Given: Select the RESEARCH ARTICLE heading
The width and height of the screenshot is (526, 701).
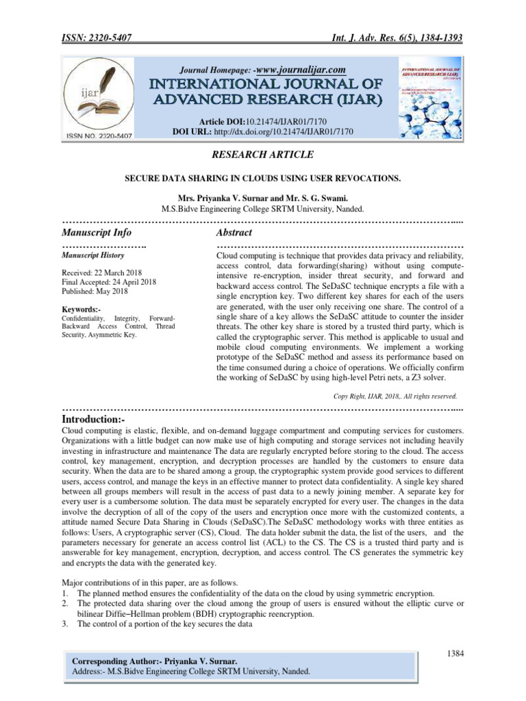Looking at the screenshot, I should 263,155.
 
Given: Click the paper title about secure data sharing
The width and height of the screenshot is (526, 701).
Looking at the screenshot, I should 262,178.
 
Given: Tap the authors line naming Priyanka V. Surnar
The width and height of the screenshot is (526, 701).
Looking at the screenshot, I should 262,198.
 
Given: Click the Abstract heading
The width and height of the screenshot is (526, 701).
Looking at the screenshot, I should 234,233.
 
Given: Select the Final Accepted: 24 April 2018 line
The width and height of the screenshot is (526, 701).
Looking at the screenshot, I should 109,282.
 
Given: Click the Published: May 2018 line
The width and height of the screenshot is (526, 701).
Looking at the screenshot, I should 95,291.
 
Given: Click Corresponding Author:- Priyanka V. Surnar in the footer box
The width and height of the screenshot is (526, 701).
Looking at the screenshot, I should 155,662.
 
